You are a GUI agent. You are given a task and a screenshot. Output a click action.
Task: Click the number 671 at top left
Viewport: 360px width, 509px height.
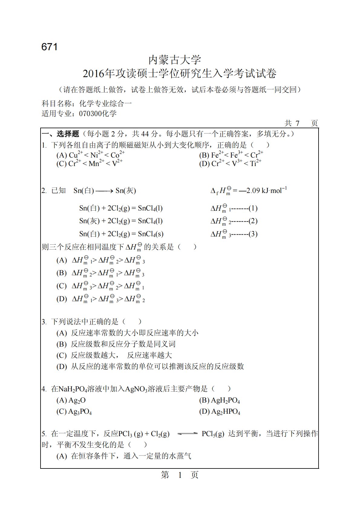click(49, 47)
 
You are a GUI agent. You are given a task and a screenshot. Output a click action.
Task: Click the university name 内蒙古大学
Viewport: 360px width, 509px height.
click(175, 60)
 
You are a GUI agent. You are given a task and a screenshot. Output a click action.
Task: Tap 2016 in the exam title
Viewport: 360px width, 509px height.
click(93, 74)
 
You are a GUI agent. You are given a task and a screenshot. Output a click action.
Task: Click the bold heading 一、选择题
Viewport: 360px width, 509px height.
click(60, 134)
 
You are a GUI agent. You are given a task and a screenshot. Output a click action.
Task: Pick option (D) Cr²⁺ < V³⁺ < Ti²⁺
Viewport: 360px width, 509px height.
click(230, 164)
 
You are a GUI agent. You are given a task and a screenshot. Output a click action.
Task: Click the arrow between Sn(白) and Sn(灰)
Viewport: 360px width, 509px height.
click(104, 191)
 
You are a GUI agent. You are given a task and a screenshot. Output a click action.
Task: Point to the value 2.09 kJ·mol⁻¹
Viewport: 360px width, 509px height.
click(266, 191)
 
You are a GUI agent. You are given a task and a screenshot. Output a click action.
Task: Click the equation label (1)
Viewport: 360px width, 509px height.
click(253, 208)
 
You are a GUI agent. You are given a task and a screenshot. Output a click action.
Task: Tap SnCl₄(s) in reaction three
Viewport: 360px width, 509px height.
click(151, 234)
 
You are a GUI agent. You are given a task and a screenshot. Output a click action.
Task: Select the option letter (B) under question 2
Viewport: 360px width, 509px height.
click(61, 273)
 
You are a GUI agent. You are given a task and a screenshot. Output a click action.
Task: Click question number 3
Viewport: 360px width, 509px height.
click(44, 322)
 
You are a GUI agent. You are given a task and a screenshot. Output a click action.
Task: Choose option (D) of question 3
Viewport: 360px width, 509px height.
click(61, 367)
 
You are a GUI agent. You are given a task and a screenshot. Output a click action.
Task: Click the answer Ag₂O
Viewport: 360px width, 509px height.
click(77, 400)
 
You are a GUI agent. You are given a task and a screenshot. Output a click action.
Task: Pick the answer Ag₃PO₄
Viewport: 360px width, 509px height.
click(80, 412)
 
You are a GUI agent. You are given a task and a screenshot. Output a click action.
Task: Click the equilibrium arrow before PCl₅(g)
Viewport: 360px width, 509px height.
click(187, 434)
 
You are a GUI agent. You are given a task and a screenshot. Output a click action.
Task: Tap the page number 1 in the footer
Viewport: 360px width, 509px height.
click(180, 475)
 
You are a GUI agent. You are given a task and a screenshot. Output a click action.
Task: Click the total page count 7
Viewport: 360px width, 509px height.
click(297, 123)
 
